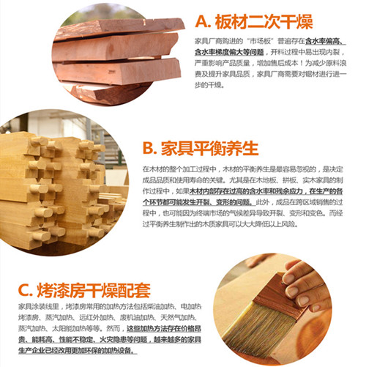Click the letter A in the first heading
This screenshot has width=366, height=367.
205,21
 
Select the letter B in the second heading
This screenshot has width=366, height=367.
149,149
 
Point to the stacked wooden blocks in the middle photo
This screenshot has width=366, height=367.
59,190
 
